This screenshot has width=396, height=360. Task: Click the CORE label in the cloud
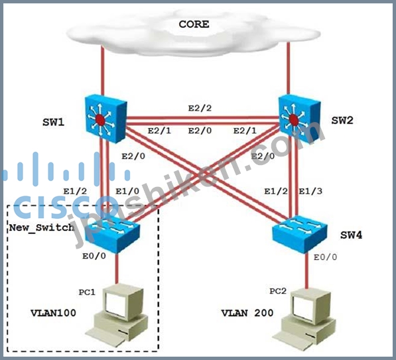(x=194, y=25)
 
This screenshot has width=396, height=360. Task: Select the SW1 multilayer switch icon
(x=106, y=119)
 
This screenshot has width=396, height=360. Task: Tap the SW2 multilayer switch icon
(x=300, y=119)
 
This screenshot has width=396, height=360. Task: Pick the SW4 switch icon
(x=300, y=234)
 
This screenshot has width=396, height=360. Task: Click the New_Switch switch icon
(x=112, y=234)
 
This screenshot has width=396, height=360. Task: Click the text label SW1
(x=53, y=123)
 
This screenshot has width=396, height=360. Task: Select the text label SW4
(x=351, y=235)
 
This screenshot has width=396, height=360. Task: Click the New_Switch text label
(x=42, y=227)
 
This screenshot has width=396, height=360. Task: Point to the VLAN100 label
(x=53, y=313)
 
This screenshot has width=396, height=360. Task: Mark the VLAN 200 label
(x=247, y=313)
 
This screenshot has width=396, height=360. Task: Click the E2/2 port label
(x=200, y=108)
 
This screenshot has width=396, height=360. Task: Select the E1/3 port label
(x=310, y=192)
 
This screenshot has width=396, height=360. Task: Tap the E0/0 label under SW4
(x=325, y=257)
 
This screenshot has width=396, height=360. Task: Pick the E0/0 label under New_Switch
(x=94, y=256)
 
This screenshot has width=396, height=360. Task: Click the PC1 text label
(x=87, y=292)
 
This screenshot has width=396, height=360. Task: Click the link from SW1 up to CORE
(x=103, y=71)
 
